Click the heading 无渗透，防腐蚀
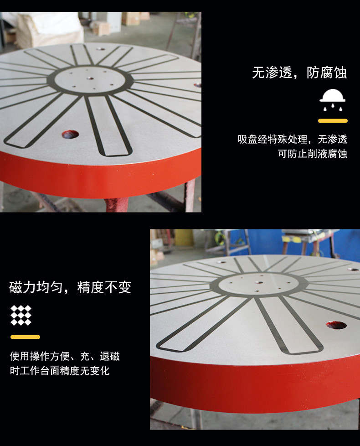point(299,73)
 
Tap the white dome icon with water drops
point(333,100)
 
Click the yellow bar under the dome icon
point(333,121)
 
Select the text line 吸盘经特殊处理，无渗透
point(293,140)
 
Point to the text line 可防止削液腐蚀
point(312,154)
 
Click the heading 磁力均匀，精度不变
point(70,287)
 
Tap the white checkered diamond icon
point(21,315)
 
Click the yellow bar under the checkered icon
point(25,337)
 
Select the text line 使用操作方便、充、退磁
point(65,356)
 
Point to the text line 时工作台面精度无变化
point(60,371)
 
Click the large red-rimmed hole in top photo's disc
point(70,134)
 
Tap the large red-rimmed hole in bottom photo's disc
point(336,325)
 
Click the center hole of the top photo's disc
point(91,78)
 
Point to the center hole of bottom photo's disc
point(259,282)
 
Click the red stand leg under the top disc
point(117,205)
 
